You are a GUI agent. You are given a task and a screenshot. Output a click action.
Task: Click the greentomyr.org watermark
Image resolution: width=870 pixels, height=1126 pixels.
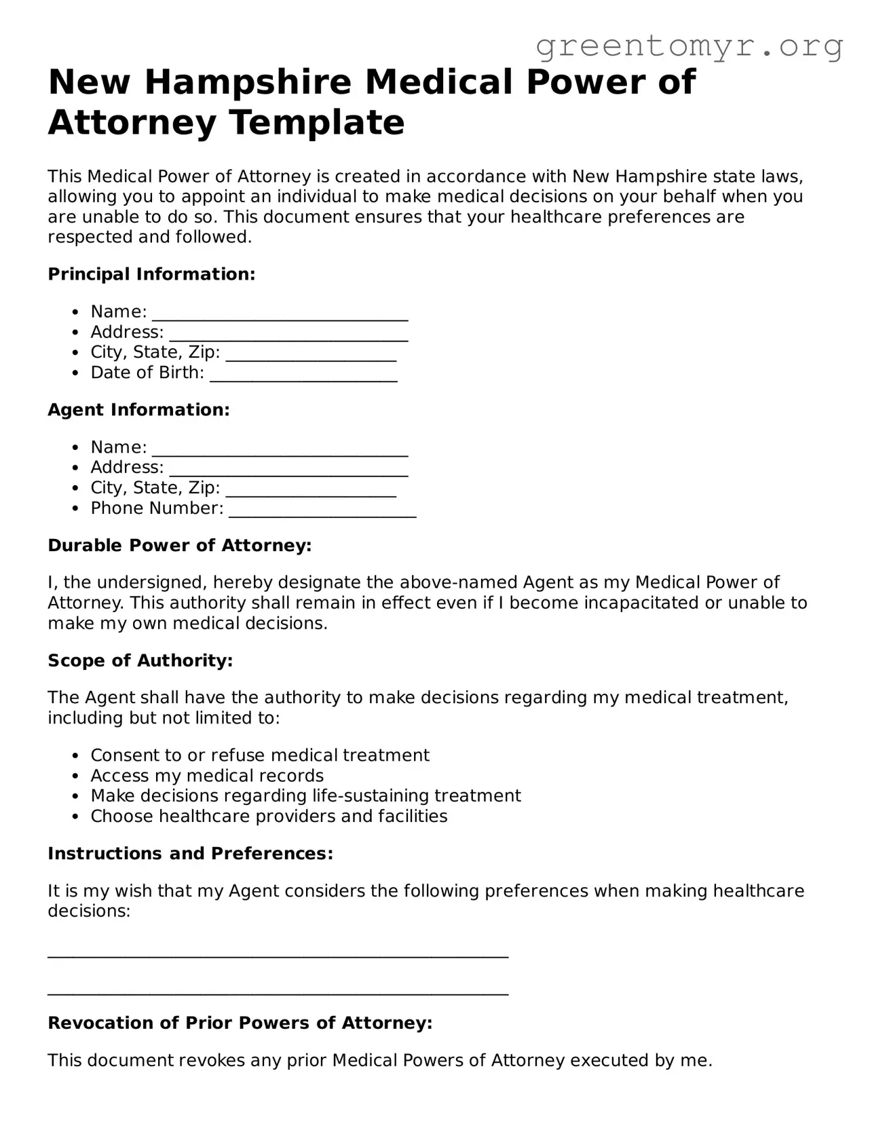[x=689, y=46]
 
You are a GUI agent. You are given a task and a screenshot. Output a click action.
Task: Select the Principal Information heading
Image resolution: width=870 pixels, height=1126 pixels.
[x=151, y=274]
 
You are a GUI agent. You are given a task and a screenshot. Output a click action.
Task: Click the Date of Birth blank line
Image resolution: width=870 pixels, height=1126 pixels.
[x=303, y=374]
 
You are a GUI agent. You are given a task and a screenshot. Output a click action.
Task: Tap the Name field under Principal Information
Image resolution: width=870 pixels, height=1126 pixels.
[x=280, y=313]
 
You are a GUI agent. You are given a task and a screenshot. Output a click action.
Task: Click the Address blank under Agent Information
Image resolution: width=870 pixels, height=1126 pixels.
[x=288, y=469]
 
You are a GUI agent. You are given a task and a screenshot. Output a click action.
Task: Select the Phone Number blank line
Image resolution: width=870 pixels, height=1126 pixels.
[x=322, y=510]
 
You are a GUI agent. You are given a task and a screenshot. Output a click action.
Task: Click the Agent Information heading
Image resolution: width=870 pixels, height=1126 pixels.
[x=138, y=410]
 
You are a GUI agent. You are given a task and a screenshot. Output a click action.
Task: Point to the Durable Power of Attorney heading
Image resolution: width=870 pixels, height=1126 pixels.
[x=179, y=546]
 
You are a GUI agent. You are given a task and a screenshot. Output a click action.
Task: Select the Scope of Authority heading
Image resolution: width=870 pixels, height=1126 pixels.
[x=140, y=660]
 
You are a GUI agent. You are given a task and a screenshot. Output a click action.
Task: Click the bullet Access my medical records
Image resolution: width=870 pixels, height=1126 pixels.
[x=207, y=776]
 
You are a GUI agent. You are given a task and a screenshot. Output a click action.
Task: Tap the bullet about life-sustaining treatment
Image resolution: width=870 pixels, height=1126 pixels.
[x=305, y=795]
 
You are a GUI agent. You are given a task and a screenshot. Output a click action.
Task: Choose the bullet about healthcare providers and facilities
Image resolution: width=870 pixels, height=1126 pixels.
[x=269, y=816]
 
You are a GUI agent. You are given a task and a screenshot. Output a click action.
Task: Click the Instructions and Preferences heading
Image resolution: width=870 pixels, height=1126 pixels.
[x=190, y=853]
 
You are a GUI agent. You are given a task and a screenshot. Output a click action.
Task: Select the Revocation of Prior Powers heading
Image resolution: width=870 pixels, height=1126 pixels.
[x=240, y=1023]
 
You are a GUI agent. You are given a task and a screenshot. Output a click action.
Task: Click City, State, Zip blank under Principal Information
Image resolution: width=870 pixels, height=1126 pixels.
[x=311, y=354]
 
